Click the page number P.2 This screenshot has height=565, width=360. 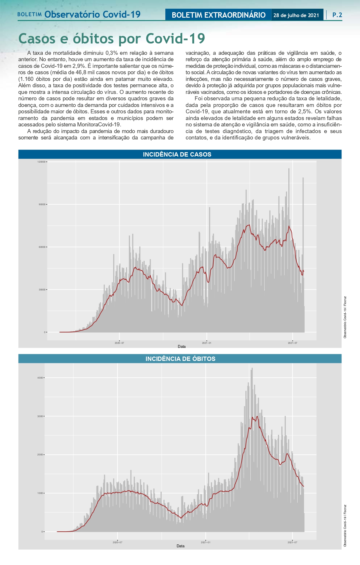pyautogui.click(x=337, y=15)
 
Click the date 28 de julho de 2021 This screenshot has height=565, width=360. pyautogui.click(x=296, y=15)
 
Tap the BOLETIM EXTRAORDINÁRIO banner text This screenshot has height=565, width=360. pyautogui.click(x=218, y=15)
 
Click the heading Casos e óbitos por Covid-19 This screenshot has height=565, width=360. pyautogui.click(x=112, y=39)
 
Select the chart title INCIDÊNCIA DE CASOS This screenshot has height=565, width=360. pyautogui.click(x=177, y=155)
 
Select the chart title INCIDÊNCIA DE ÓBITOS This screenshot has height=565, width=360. pyautogui.click(x=180, y=359)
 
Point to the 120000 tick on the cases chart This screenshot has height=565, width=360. pyautogui.click(x=41, y=162)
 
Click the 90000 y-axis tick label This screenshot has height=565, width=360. pyautogui.click(x=42, y=204)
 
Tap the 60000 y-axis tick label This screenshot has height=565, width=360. pyautogui.click(x=42, y=247)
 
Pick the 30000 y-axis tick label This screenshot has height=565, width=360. pyautogui.click(x=42, y=290)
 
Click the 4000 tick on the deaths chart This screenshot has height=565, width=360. pyautogui.click(x=40, y=378)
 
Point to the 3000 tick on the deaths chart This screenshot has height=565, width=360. pyautogui.click(x=40, y=416)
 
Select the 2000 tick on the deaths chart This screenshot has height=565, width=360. pyautogui.click(x=40, y=455)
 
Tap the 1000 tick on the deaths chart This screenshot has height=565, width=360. pyautogui.click(x=40, y=493)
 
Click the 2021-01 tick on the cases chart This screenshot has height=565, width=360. pyautogui.click(x=207, y=343)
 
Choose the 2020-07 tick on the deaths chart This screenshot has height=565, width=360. pyautogui.click(x=117, y=542)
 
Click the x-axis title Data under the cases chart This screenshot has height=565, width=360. pyautogui.click(x=182, y=346)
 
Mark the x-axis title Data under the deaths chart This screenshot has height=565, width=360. pyautogui.click(x=180, y=546)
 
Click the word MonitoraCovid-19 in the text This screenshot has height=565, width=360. pyautogui.click(x=99, y=125)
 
